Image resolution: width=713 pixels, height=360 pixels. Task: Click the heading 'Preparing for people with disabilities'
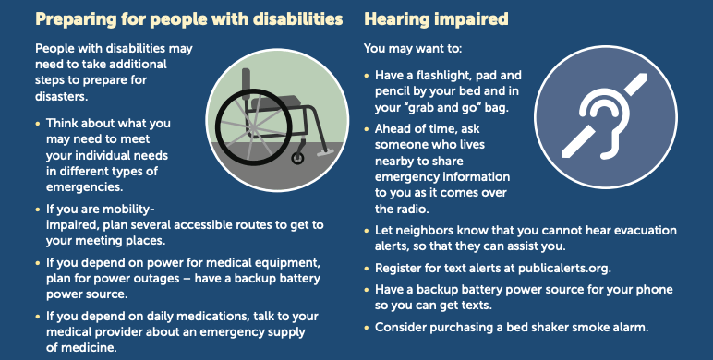[175, 18]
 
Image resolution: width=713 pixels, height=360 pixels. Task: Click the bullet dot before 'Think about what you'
[38, 123]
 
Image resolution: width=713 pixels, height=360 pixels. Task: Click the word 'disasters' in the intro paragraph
[60, 96]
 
